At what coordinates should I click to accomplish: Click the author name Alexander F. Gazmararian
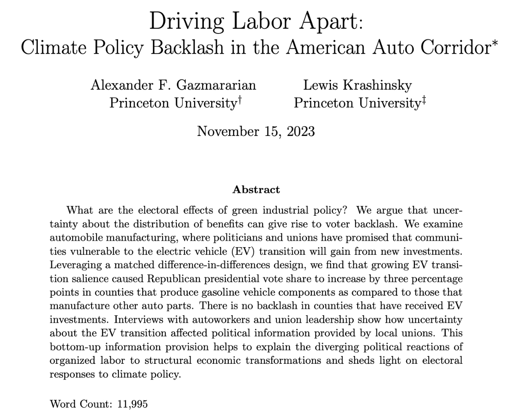click(x=173, y=85)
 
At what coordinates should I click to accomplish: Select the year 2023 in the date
click(x=299, y=130)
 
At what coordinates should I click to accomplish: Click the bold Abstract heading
click(x=256, y=189)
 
